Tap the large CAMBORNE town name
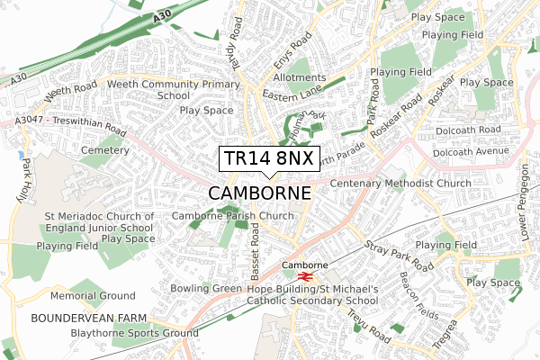[260, 193]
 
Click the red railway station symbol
[306, 276]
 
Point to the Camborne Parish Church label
[232, 216]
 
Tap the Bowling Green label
[207, 288]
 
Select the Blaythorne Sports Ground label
[134, 333]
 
